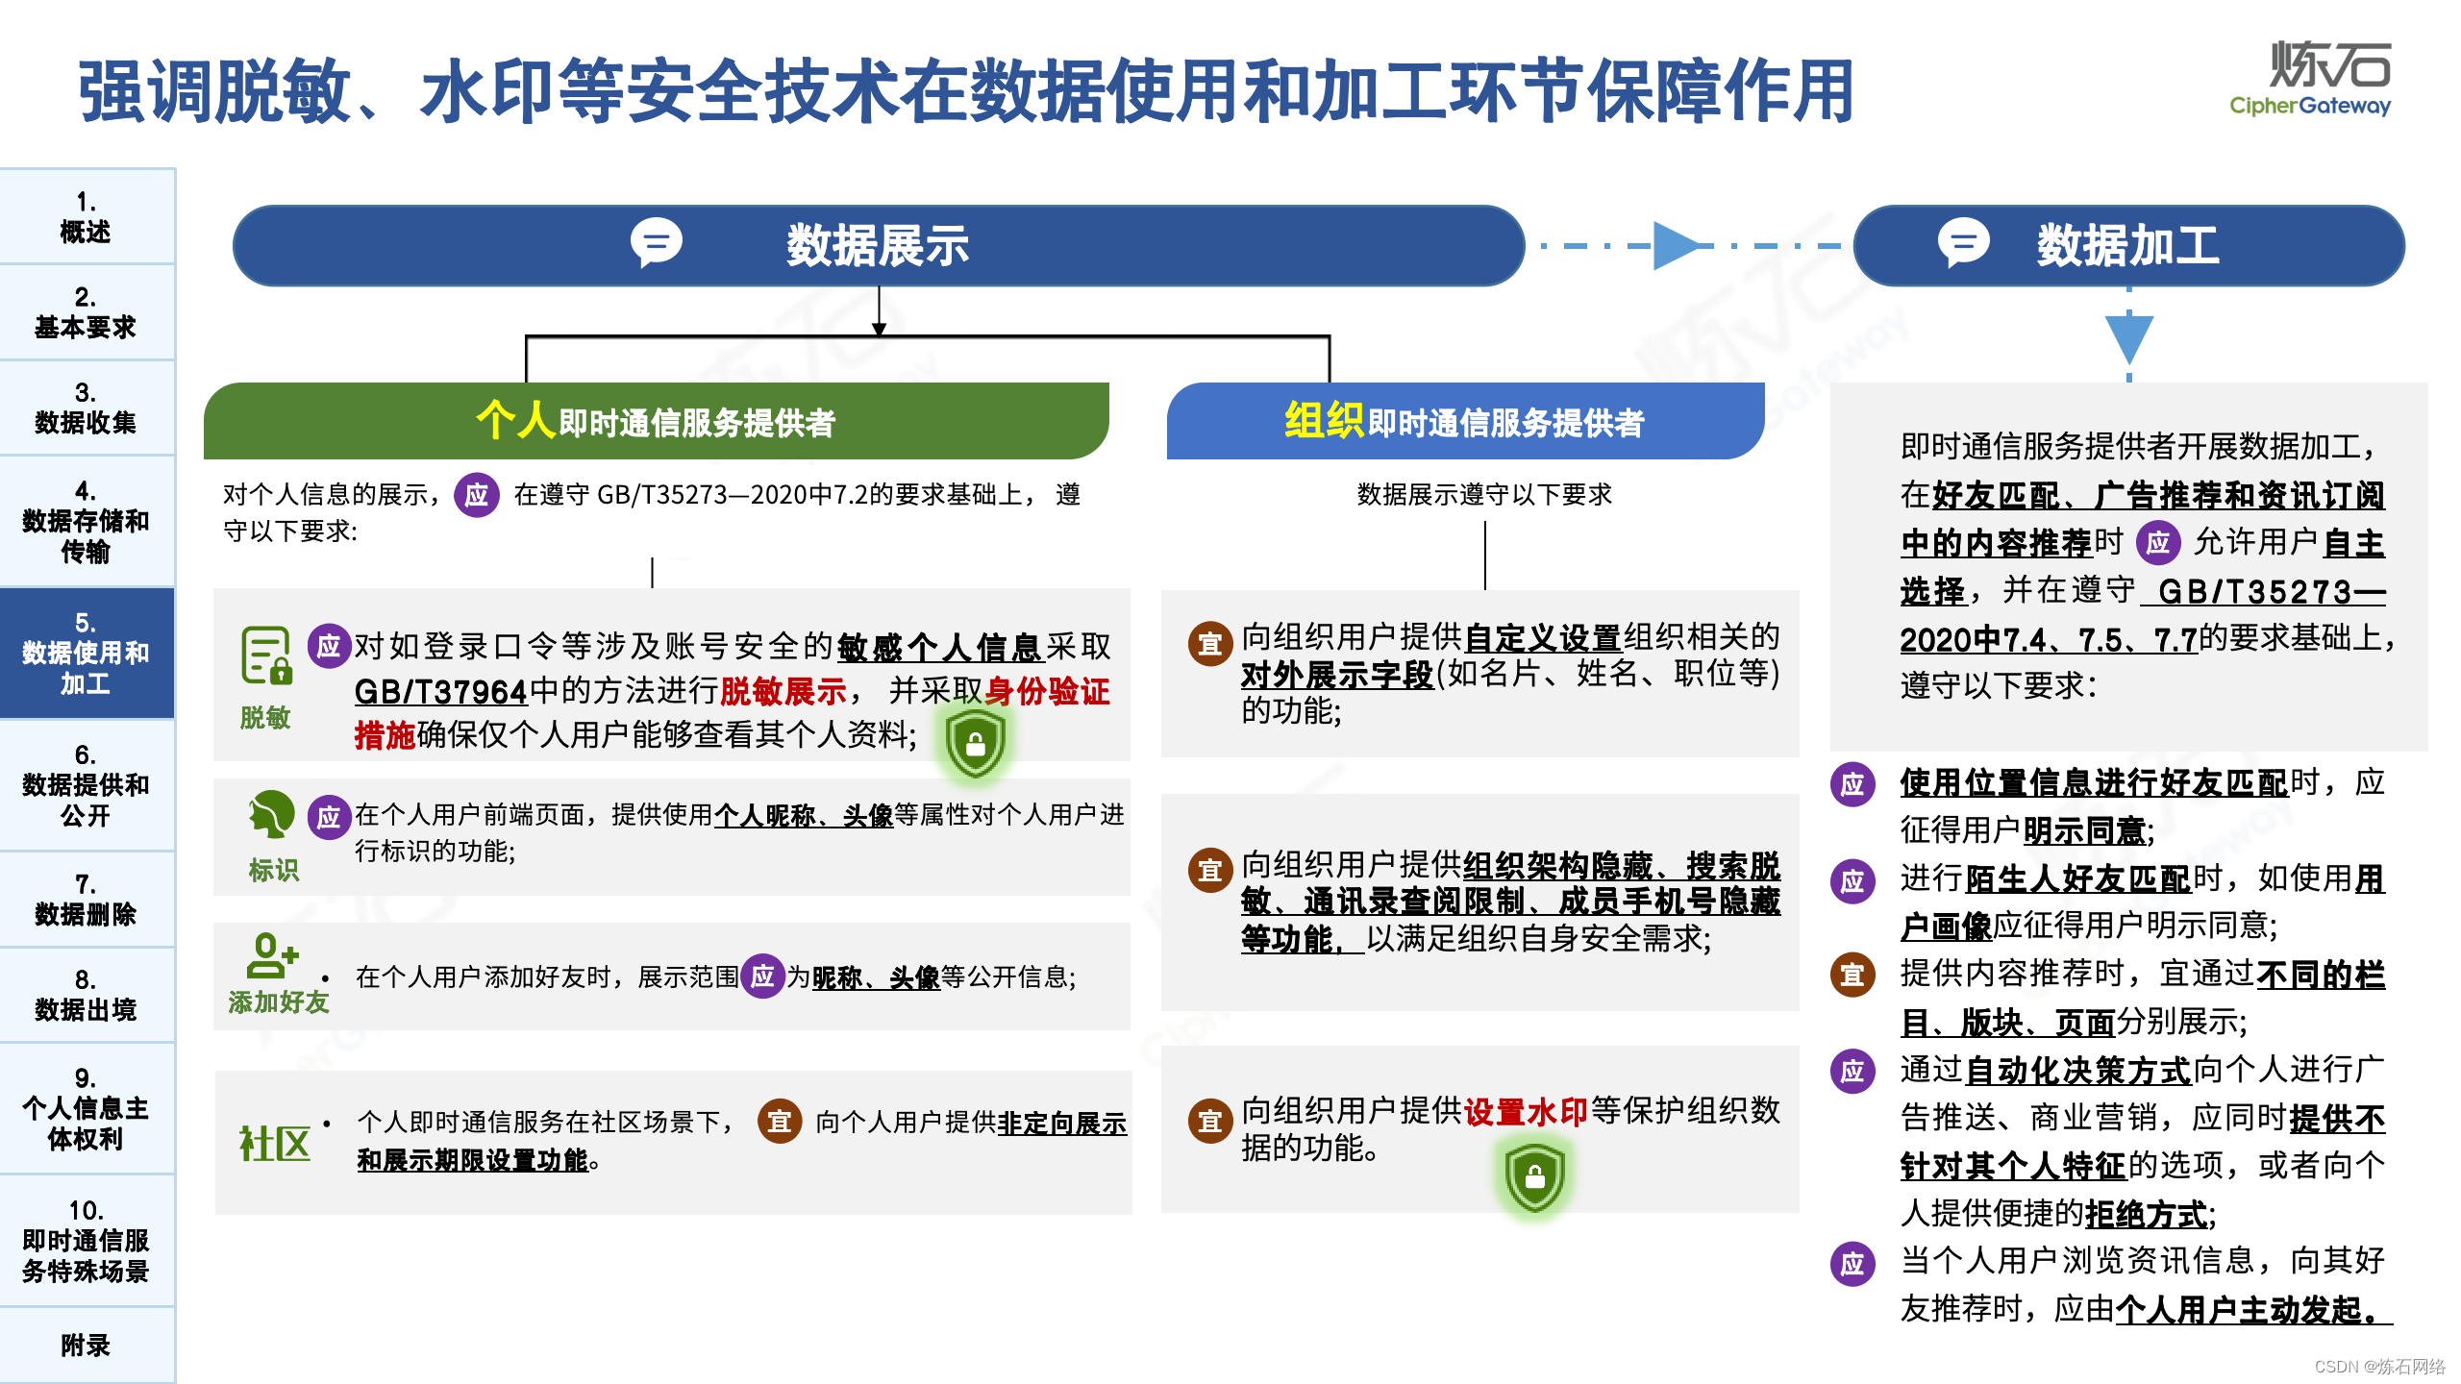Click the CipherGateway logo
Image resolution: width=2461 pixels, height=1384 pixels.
2310,79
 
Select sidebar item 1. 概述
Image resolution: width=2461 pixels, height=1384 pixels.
86,217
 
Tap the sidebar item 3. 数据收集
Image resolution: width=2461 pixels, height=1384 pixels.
86,408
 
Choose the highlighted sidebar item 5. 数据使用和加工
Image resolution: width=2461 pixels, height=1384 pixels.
86,653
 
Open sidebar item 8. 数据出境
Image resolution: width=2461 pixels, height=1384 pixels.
86,995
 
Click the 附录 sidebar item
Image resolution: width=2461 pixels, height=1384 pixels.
86,1345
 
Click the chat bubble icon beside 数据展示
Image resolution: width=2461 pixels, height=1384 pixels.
657,243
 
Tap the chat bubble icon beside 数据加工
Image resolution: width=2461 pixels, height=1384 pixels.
1963,243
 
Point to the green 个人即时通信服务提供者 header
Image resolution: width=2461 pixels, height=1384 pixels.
656,421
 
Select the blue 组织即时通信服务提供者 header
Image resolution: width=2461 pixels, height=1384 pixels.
1464,421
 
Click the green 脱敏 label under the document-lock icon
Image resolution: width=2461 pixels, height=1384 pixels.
264,717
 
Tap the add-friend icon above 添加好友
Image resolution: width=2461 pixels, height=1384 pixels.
272,955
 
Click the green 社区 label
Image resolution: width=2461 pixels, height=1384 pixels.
275,1144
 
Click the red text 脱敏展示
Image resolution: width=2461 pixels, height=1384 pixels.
783,691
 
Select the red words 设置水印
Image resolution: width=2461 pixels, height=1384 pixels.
1526,1112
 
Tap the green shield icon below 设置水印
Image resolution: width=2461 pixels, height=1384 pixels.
1534,1176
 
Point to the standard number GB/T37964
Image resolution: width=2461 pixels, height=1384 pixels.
441,691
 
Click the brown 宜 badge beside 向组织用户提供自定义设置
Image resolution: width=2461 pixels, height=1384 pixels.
1210,643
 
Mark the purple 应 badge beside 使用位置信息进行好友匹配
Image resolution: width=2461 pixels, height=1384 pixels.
1852,784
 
